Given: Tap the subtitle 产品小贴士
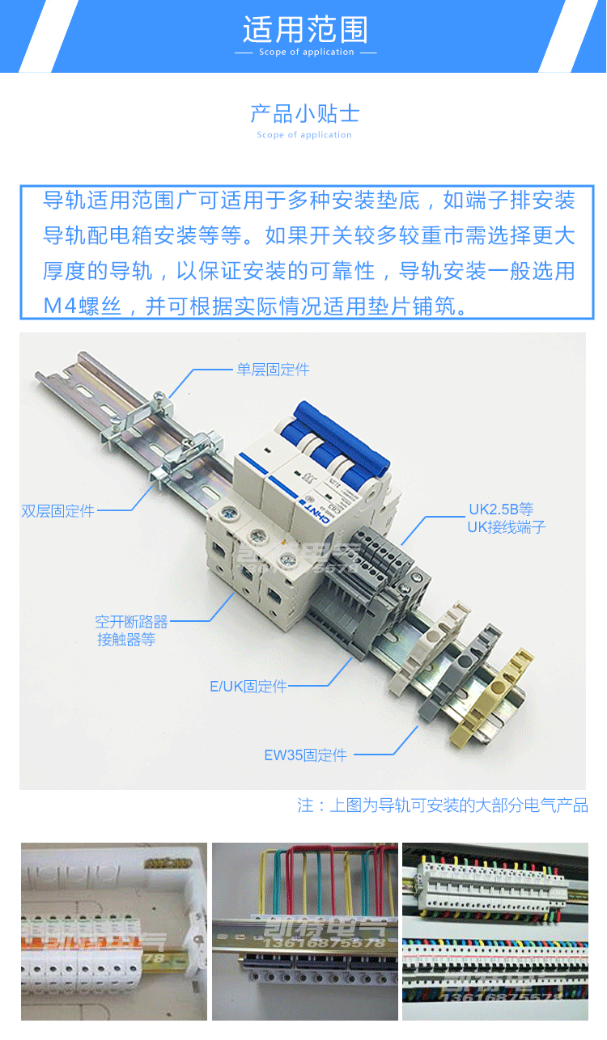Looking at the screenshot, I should [304, 113].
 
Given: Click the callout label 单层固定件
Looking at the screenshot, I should [273, 370].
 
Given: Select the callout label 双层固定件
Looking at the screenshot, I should [57, 511].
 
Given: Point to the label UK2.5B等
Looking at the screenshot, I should [501, 509].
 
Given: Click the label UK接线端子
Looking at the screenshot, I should [507, 527].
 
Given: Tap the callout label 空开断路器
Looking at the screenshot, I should [131, 622].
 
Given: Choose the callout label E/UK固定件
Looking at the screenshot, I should [248, 687].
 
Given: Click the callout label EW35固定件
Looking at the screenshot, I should [305, 755].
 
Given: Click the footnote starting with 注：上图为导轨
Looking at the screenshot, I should [442, 805].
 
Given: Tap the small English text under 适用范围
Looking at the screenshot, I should [306, 53].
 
